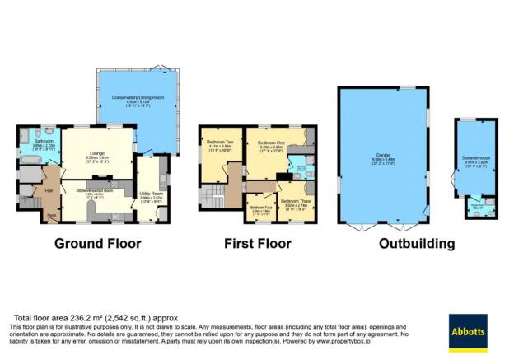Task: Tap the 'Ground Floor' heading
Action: (97, 244)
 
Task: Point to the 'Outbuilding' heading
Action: (417, 244)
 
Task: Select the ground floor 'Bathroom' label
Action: (44, 141)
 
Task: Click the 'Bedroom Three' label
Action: (293, 201)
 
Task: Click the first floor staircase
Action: (210, 196)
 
